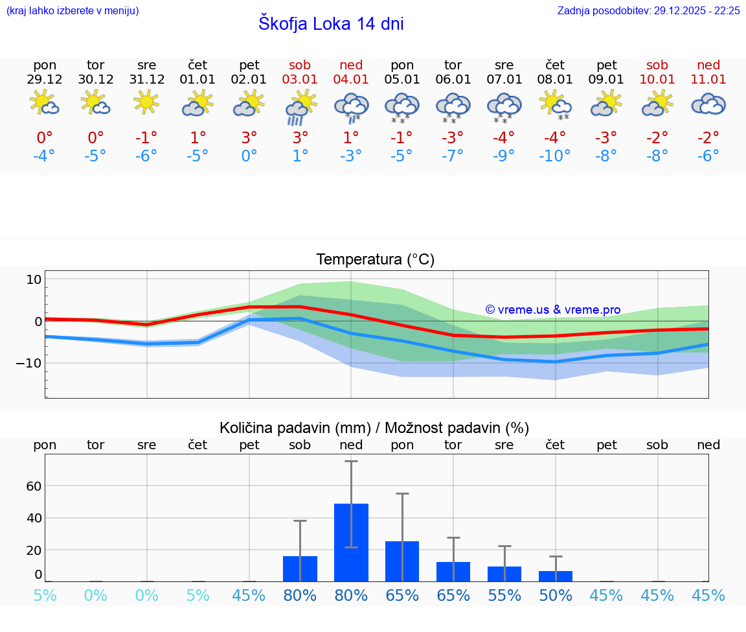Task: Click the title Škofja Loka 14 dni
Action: [x=331, y=24]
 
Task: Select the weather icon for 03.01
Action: [x=300, y=107]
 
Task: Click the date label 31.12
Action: [x=147, y=80]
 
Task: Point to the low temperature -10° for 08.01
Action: [x=555, y=156]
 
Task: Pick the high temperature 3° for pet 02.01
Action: [x=249, y=137]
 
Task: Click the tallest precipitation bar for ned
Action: [x=351, y=543]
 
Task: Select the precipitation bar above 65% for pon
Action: [x=402, y=561]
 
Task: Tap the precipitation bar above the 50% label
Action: [x=556, y=576]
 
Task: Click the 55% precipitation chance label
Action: [x=504, y=596]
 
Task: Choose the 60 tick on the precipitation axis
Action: [x=34, y=486]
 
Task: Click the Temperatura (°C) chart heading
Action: [x=375, y=260]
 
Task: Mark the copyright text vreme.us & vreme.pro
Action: [x=553, y=310]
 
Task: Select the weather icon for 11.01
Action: [x=708, y=104]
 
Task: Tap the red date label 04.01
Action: [x=351, y=80]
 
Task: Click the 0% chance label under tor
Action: [x=96, y=596]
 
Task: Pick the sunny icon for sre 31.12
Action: [x=147, y=102]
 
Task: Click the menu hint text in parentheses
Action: [x=73, y=10]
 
